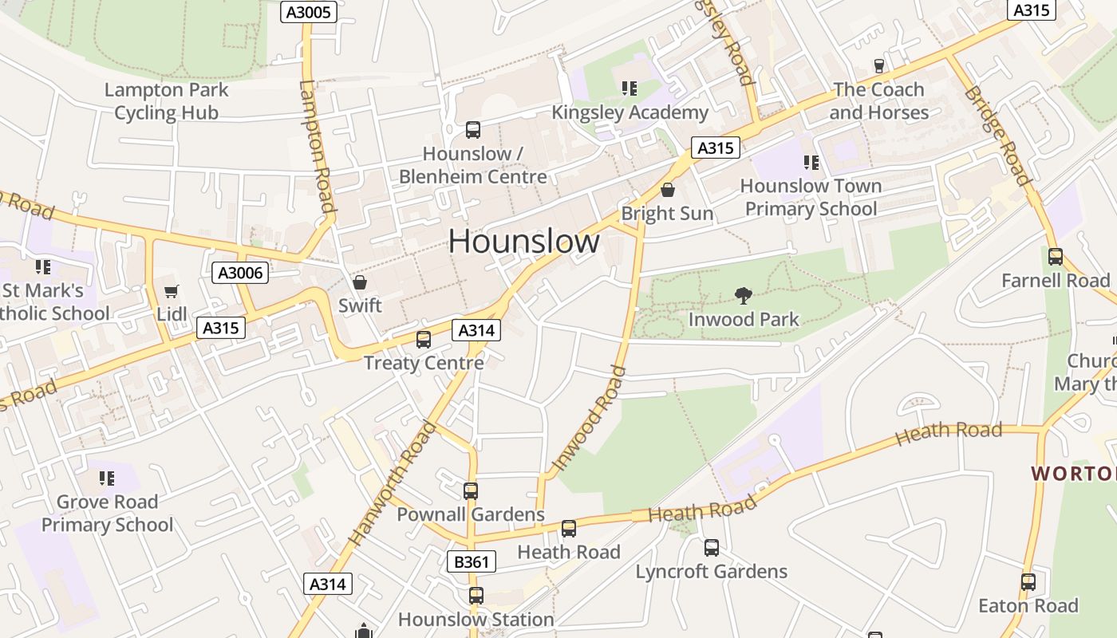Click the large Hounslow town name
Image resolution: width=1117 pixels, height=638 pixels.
(523, 241)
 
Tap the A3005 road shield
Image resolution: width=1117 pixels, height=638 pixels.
(309, 11)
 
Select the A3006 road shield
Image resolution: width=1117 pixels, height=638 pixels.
(241, 273)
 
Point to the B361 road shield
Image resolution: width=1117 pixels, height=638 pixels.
(471, 561)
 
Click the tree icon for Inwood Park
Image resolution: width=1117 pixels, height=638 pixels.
(743, 296)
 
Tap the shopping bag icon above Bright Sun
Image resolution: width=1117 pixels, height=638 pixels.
(668, 190)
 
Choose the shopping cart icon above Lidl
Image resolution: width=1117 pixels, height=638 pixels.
(171, 292)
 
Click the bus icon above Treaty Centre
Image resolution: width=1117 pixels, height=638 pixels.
(424, 340)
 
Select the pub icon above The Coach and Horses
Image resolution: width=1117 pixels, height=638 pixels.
(879, 65)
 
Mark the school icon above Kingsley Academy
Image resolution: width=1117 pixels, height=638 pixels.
(630, 89)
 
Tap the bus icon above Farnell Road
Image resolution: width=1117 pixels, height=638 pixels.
(1056, 257)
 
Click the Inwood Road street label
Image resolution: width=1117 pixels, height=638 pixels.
(590, 417)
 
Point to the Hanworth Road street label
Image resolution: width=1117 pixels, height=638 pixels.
(393, 484)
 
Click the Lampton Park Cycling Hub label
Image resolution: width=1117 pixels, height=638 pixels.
(166, 101)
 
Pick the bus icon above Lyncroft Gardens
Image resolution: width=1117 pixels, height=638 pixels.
(711, 548)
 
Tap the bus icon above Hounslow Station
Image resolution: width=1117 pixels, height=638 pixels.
(476, 596)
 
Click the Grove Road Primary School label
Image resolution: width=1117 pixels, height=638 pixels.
(107, 513)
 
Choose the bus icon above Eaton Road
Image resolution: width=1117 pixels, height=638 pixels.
(1028, 582)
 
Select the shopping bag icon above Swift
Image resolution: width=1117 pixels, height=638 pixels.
(360, 282)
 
